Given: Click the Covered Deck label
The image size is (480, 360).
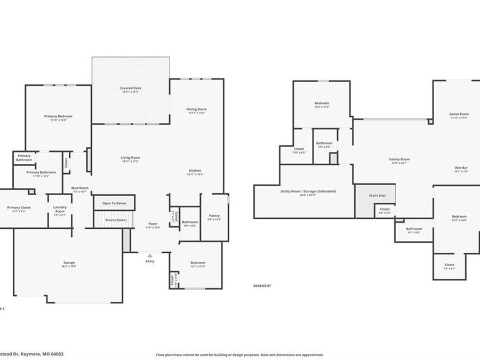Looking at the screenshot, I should (130, 88).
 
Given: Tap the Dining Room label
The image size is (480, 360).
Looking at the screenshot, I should (196, 109).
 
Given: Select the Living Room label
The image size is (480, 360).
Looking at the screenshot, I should (130, 158).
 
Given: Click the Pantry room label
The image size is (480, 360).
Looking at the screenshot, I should (214, 216).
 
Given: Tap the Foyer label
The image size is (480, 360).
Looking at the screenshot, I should (153, 225).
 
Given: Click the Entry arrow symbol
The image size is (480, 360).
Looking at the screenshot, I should (150, 255).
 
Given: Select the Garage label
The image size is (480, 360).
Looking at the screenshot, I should (69, 263).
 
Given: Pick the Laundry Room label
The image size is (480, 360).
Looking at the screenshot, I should (60, 212).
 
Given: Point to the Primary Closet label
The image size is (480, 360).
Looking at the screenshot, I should (19, 208).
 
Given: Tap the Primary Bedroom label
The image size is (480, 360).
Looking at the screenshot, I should (58, 116).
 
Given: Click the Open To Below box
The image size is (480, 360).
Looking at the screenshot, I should (114, 203).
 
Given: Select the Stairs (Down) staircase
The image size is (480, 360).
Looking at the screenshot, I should (113, 219).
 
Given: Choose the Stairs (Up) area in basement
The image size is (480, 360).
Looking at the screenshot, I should (375, 196).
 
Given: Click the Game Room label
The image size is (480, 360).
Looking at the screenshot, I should (459, 114).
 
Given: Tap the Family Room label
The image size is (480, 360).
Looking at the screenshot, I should (399, 159).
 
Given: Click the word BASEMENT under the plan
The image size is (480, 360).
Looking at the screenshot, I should (262, 286).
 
